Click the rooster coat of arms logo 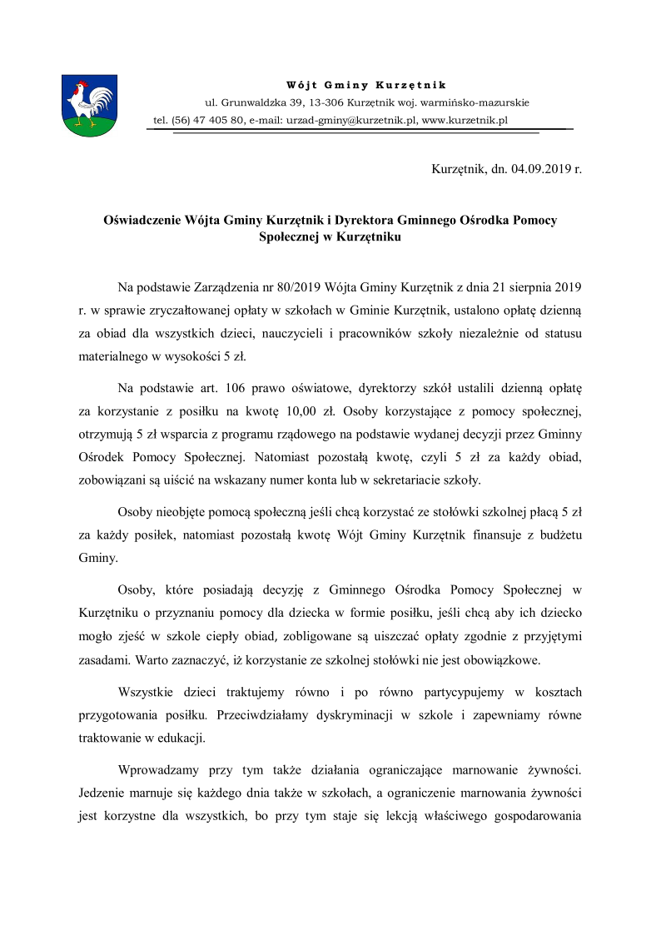pos(90,106)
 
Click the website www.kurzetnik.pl pos(465,120)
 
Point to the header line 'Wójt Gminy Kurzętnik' pos(366,85)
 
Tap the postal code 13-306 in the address pos(326,102)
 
